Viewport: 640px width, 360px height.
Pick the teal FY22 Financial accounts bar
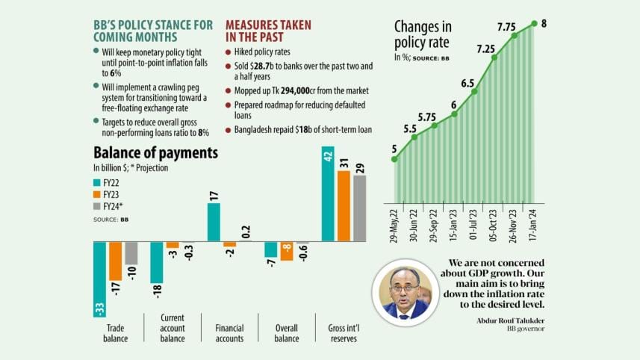click(x=214, y=222)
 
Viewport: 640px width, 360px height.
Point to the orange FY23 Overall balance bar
click(x=286, y=251)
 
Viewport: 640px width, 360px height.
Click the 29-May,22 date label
click(x=394, y=224)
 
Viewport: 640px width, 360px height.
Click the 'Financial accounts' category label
click(x=229, y=333)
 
